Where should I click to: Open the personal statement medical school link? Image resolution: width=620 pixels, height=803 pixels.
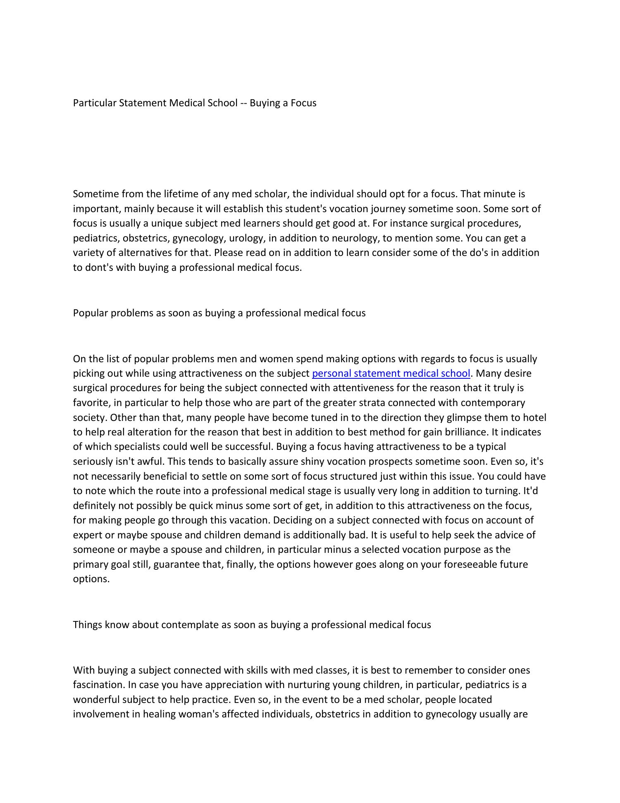[x=391, y=373]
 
